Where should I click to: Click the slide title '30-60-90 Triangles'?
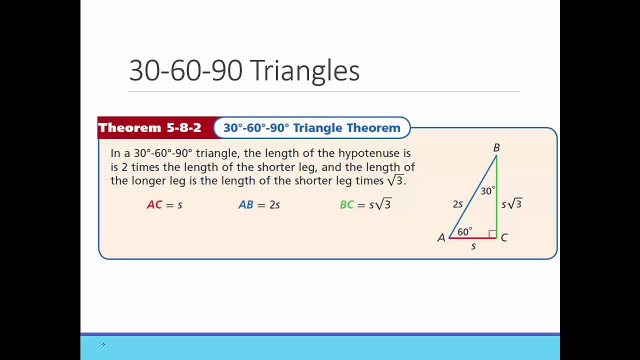pyautogui.click(x=244, y=70)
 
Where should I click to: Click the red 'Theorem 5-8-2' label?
pyautogui.click(x=149, y=128)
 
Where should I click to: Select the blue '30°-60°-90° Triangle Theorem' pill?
pyautogui.click(x=311, y=128)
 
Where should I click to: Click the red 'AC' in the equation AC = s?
pyautogui.click(x=154, y=205)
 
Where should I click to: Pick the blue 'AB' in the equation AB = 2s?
pyautogui.click(x=245, y=205)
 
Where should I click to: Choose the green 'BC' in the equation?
pyautogui.click(x=347, y=205)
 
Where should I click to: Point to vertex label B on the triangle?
pyautogui.click(x=496, y=148)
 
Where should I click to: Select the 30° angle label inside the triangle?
pyautogui.click(x=487, y=191)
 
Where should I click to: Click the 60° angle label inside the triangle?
pyautogui.click(x=464, y=232)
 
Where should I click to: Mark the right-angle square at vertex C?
pyautogui.click(x=492, y=234)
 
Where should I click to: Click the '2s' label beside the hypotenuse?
pyautogui.click(x=457, y=204)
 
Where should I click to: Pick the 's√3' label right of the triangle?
pyautogui.click(x=511, y=204)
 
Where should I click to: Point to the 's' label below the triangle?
pyautogui.click(x=473, y=246)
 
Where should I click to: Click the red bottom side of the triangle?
pyautogui.click(x=472, y=238)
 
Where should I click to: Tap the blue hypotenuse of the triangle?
pyautogui.click(x=472, y=196)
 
